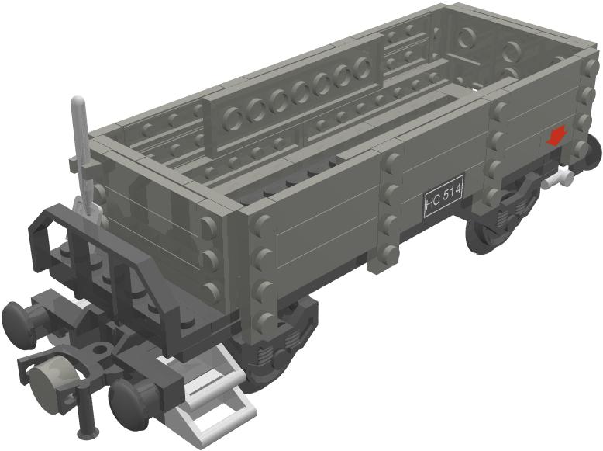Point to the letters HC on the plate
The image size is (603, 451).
(433, 205)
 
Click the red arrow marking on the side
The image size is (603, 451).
(555, 138)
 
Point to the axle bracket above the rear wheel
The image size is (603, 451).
(521, 191)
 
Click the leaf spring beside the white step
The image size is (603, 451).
(271, 353)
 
